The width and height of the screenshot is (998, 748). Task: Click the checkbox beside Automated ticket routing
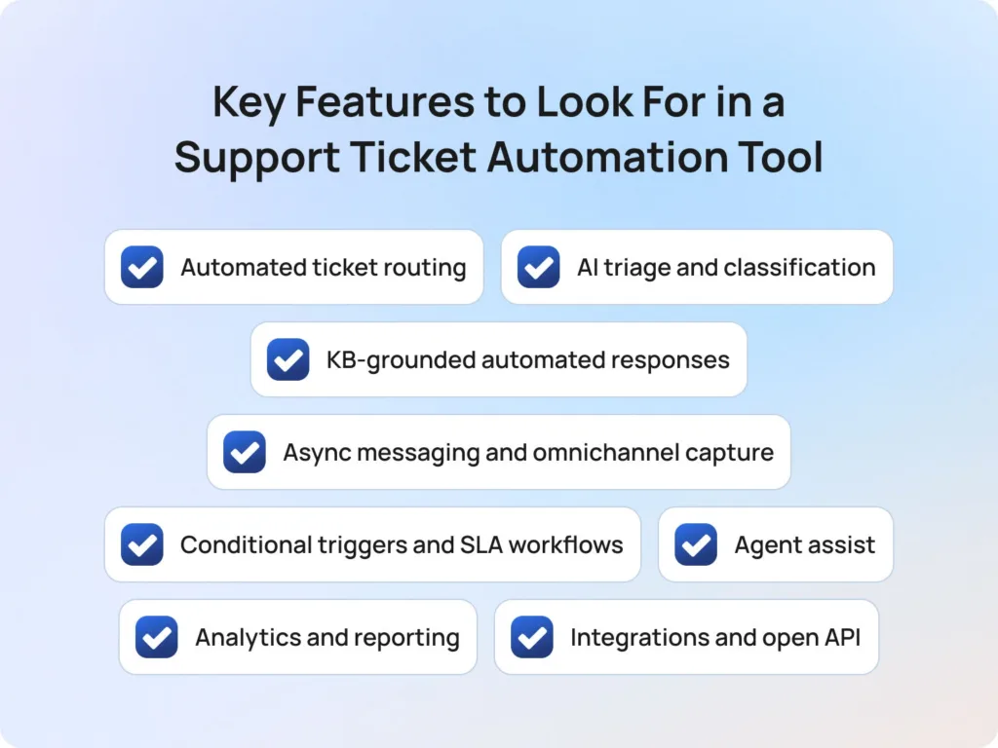pyautogui.click(x=142, y=267)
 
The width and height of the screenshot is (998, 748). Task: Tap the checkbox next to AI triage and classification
pyautogui.click(x=538, y=267)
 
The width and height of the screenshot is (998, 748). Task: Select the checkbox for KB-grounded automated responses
pyautogui.click(x=288, y=359)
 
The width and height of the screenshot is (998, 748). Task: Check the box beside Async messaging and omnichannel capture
pyautogui.click(x=245, y=452)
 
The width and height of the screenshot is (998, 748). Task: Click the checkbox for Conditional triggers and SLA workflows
pyautogui.click(x=142, y=544)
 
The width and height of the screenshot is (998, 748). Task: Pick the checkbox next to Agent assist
pyautogui.click(x=696, y=544)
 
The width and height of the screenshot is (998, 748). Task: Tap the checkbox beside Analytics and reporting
pyautogui.click(x=157, y=637)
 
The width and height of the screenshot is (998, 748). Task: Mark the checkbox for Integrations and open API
pyautogui.click(x=532, y=637)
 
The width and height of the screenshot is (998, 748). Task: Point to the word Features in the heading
pyautogui.click(x=365, y=101)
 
